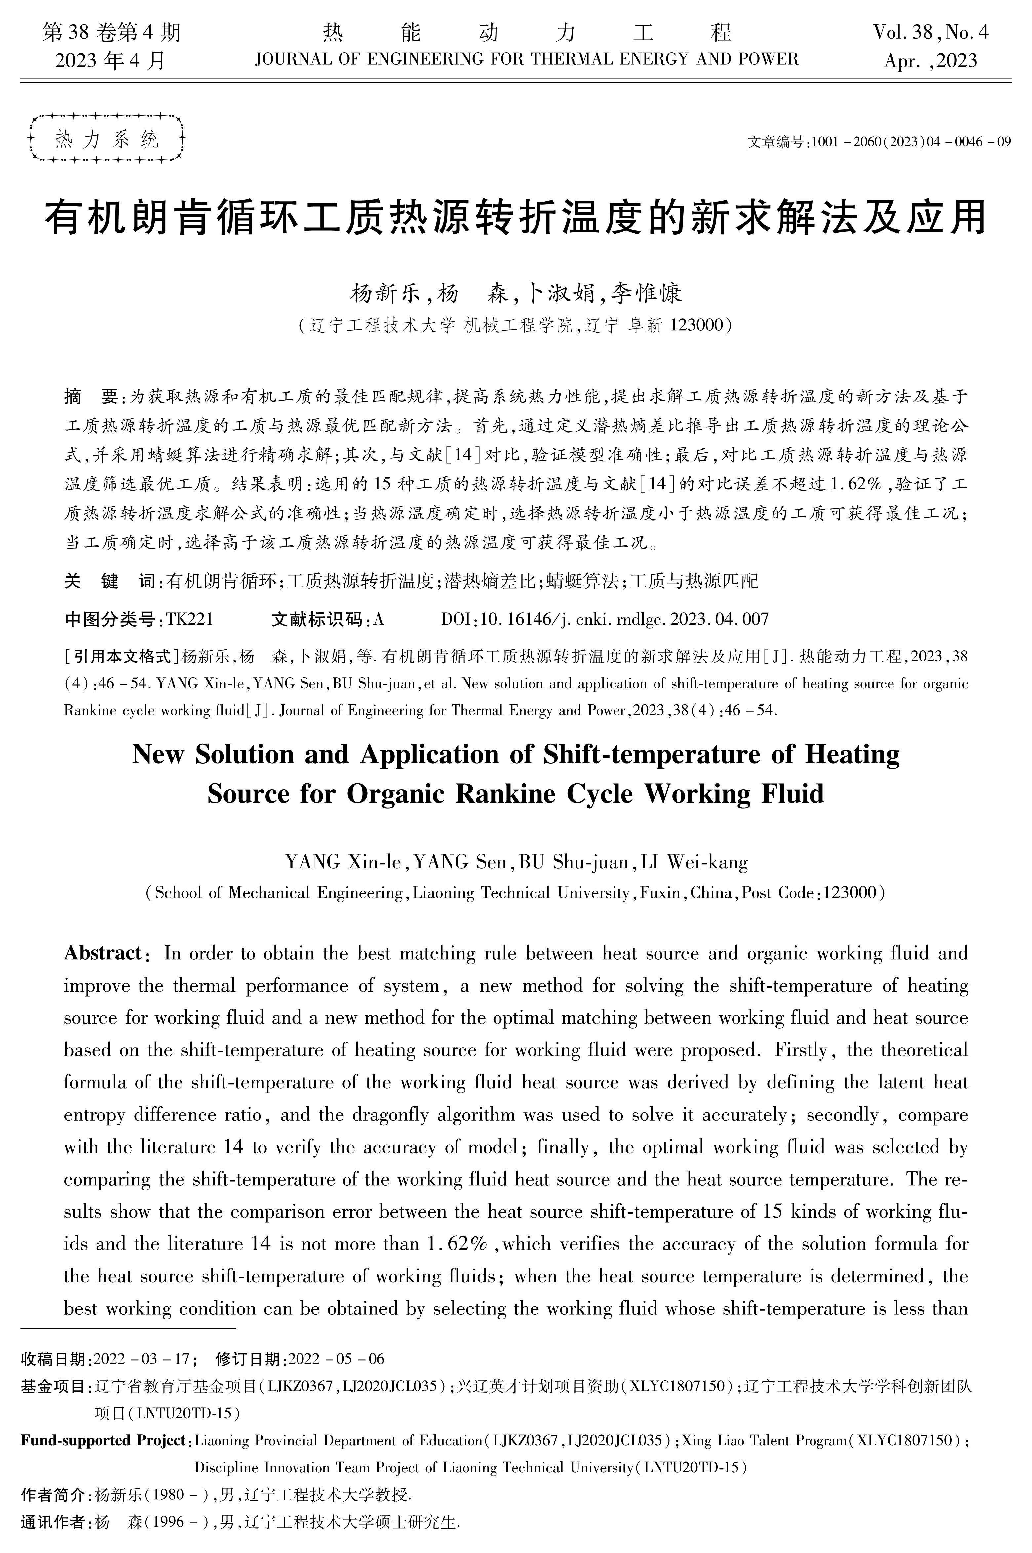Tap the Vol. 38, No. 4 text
coord(931,32)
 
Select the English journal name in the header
coord(527,60)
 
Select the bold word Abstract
coord(103,953)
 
